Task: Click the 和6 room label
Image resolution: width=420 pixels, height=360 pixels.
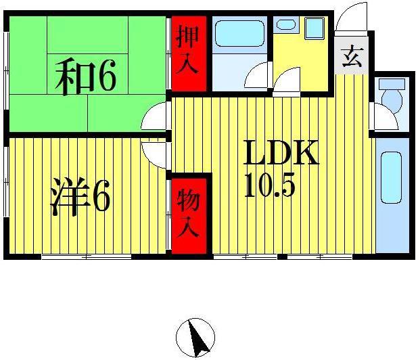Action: [86, 76]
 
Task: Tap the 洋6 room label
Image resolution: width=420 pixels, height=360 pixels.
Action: [80, 197]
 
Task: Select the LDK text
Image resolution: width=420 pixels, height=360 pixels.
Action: [281, 153]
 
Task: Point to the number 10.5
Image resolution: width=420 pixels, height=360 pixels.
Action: [270, 185]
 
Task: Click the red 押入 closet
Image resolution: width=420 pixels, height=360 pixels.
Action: [189, 53]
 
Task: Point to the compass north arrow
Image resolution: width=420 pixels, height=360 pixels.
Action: [197, 337]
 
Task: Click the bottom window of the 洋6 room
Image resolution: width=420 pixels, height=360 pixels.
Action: [87, 257]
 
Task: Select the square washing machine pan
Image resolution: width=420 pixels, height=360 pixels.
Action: [314, 28]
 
